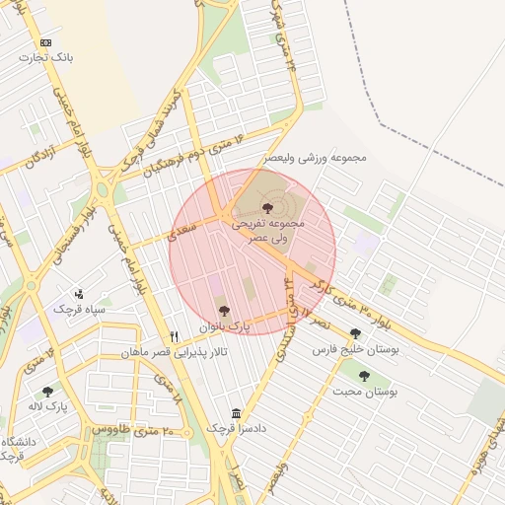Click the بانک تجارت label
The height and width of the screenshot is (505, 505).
(x=46, y=58)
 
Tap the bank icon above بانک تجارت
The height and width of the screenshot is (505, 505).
(x=46, y=43)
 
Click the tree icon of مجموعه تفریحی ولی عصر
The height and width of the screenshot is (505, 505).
(x=267, y=208)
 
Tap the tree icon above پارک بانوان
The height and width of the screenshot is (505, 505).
(x=224, y=310)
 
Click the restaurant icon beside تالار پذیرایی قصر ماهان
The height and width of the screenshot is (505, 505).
(x=175, y=336)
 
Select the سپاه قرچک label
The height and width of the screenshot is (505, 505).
(x=79, y=310)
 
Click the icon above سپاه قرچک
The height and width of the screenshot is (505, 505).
(x=80, y=294)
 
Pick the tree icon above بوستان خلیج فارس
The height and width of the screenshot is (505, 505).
(x=355, y=334)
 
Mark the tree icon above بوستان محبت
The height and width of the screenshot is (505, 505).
(x=364, y=376)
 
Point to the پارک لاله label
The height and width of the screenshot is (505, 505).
(x=48, y=406)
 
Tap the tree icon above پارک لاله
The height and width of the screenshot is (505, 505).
(x=47, y=392)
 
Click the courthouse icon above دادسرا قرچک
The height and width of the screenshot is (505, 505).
(x=235, y=413)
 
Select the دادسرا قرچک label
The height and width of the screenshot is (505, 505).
(x=236, y=429)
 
